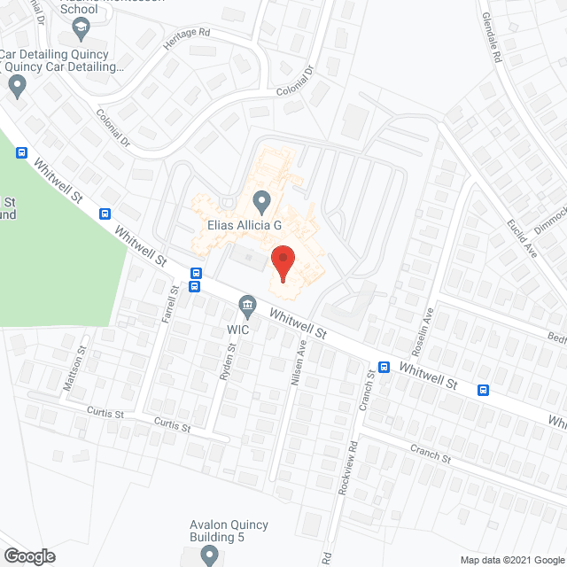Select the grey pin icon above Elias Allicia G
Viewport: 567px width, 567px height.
261,200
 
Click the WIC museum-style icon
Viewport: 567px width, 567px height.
247,307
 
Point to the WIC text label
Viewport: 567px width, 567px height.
238,330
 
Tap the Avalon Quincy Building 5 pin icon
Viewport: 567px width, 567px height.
209,555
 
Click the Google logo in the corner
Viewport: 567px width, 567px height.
28,556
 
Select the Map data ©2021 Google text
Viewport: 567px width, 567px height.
511,559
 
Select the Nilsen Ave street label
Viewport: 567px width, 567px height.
297,364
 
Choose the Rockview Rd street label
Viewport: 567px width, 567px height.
352,463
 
